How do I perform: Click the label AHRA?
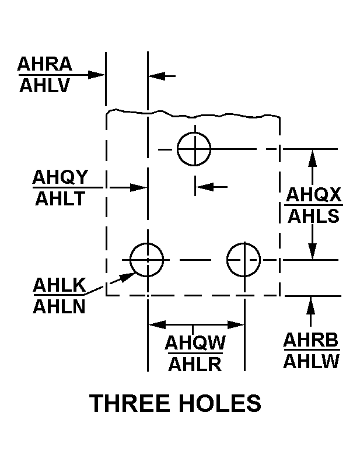(x=44, y=64)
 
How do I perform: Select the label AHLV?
(x=44, y=85)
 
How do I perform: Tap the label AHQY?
(x=60, y=177)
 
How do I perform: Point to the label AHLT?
(x=60, y=198)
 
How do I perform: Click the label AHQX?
(x=313, y=195)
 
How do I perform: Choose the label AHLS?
(x=313, y=216)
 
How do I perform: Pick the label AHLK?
(x=60, y=285)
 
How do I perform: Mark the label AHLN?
(x=60, y=307)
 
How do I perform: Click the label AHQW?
(x=195, y=342)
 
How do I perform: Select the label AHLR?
(x=195, y=364)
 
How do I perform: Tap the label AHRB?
(x=311, y=340)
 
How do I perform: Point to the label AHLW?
(x=311, y=361)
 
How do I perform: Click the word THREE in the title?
(x=130, y=403)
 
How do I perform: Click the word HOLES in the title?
(x=220, y=403)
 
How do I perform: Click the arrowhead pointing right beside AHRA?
(x=97, y=75)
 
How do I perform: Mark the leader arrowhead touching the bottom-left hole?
(x=127, y=277)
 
